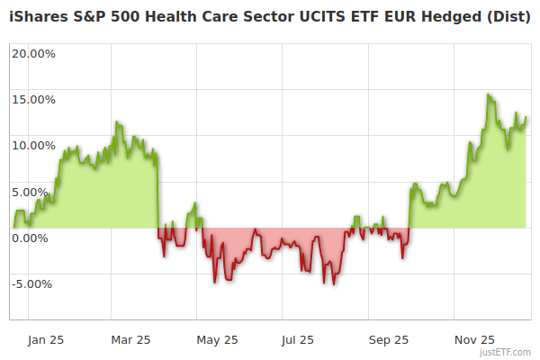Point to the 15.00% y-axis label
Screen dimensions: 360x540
pos(33,99)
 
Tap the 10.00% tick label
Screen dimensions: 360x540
pos(33,145)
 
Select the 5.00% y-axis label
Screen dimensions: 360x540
pos(36,192)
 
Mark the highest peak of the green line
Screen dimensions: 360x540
pos(489,94)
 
